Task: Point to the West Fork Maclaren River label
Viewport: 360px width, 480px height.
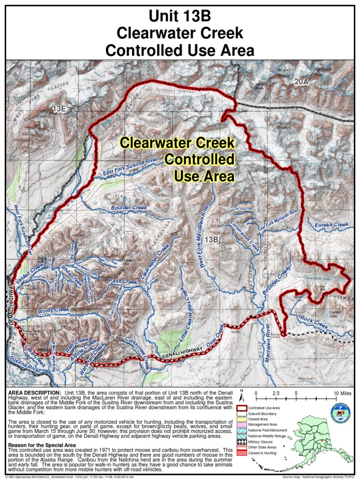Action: [201, 240]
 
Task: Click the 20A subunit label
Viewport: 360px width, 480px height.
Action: [302, 82]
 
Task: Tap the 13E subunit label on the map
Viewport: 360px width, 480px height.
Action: [60, 109]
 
